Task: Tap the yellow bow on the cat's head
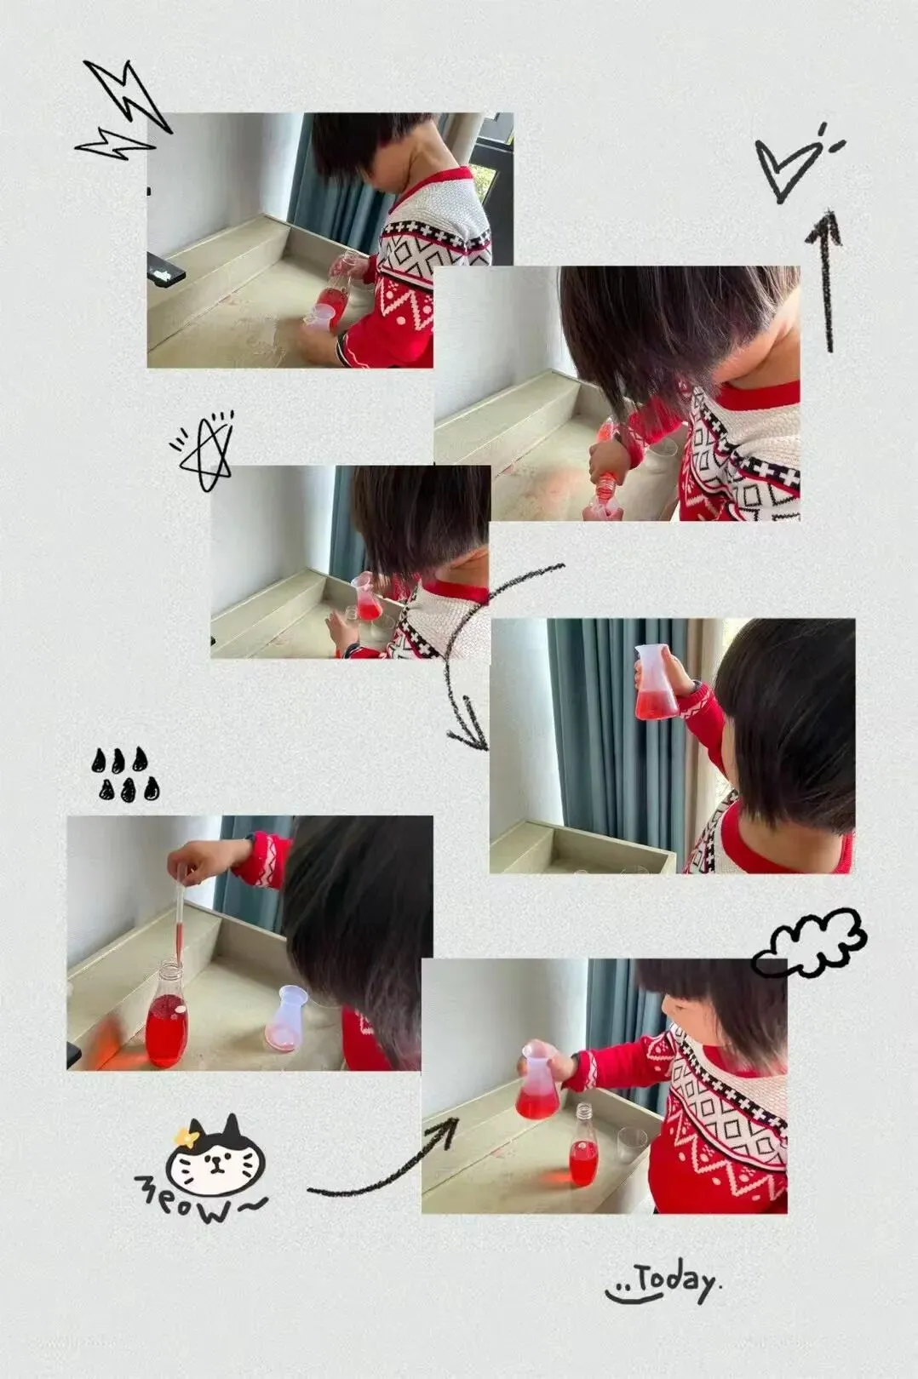[x=186, y=1133]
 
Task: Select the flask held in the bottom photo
[x=538, y=1080]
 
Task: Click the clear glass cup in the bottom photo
[x=631, y=1146]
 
